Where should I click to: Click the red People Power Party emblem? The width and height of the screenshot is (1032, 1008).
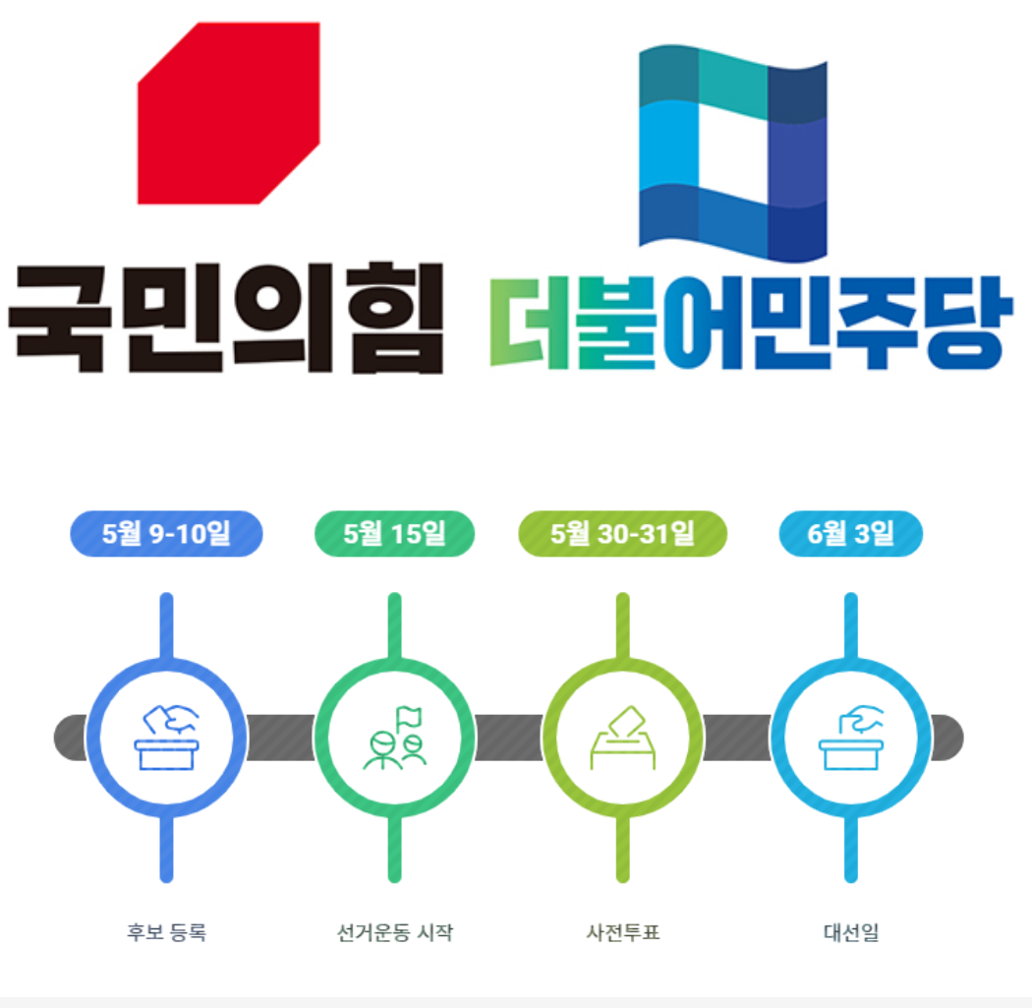[228, 113]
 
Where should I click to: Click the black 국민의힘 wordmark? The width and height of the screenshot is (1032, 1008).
[226, 317]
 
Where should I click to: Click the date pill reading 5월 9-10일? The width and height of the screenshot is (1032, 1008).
[166, 533]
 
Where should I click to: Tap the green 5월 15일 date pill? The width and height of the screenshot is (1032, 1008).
[394, 533]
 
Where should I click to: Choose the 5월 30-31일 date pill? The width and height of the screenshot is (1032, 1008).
[622, 533]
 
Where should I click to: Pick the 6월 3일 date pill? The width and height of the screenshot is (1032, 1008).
[850, 533]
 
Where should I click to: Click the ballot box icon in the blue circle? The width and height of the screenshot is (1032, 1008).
[166, 738]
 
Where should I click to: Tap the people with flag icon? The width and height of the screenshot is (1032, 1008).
[394, 738]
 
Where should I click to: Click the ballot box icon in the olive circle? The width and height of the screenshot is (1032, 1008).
[622, 738]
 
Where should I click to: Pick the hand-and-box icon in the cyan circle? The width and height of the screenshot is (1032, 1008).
[850, 738]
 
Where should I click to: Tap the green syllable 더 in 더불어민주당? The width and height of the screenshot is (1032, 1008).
[531, 323]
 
